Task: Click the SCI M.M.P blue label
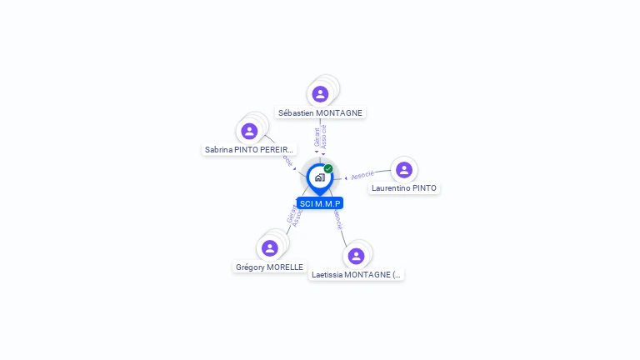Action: [x=320, y=203]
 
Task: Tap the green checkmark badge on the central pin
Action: [x=328, y=169]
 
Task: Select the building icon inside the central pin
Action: [x=320, y=177]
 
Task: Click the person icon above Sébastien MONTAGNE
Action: [x=321, y=94]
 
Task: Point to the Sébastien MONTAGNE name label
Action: [x=321, y=112]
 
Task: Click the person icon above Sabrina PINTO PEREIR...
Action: [x=249, y=131]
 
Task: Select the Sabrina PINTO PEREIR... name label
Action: [x=249, y=150]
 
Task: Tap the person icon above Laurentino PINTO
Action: [x=404, y=170]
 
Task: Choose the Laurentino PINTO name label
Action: [x=404, y=188]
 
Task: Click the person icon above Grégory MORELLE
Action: [x=269, y=248]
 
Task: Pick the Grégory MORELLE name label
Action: [x=269, y=267]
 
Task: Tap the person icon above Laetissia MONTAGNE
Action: [x=357, y=256]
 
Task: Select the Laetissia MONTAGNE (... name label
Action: [x=356, y=274]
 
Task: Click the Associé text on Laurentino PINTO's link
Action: [x=362, y=175]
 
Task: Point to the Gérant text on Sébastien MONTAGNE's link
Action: [x=317, y=137]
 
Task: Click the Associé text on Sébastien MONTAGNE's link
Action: [x=324, y=137]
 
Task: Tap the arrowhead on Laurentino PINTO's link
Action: [x=346, y=177]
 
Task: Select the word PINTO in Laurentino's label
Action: [x=425, y=188]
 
